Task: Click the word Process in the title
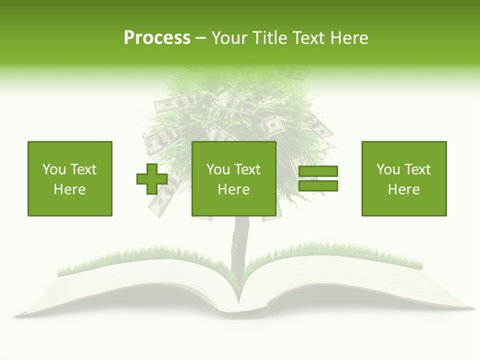tap(157, 38)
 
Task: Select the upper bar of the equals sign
tap(318, 171)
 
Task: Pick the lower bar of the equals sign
tap(318, 186)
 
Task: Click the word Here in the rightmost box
tap(404, 189)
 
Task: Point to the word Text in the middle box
tap(248, 169)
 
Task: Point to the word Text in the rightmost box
tap(418, 169)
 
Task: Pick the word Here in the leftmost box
tap(70, 189)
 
